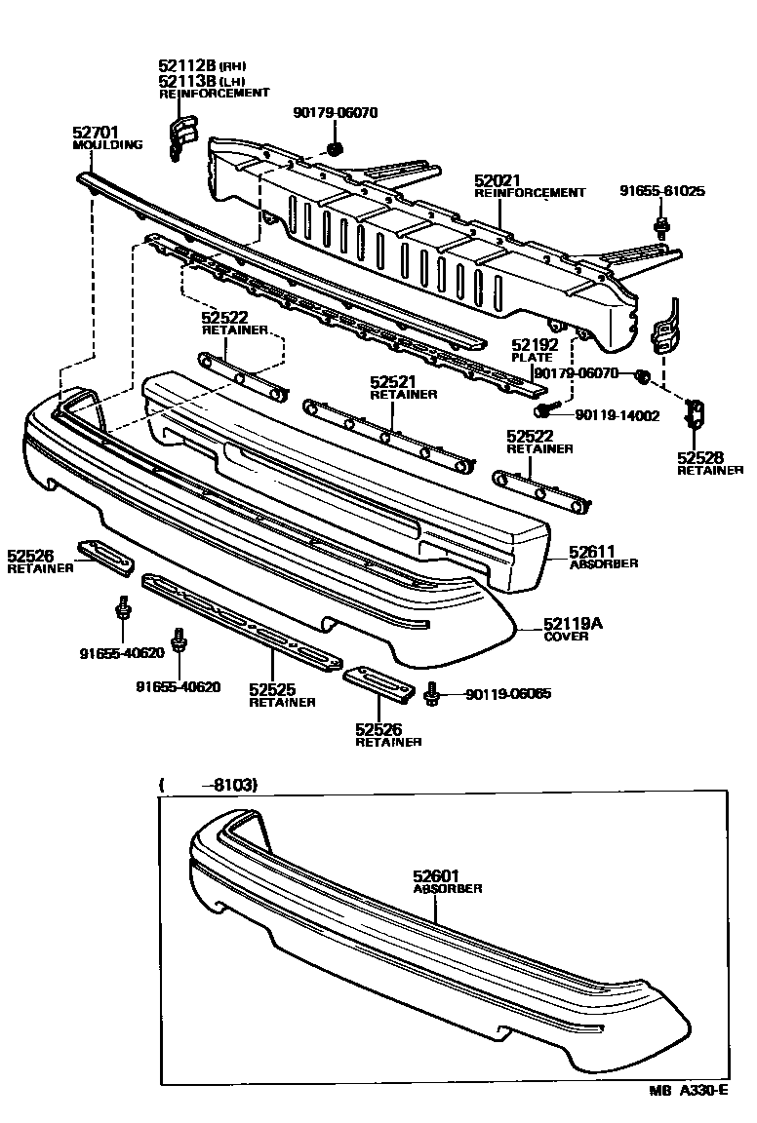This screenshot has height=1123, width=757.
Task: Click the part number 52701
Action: point(96,131)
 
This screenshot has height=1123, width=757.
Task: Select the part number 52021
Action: point(498,180)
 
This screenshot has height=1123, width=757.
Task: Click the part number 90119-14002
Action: point(618,415)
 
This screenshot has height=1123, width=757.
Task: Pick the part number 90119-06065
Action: point(507,694)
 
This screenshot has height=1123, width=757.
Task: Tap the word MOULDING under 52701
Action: point(107,144)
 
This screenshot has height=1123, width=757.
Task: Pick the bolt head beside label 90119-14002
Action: point(552,413)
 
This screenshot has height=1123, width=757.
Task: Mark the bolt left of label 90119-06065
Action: point(433,695)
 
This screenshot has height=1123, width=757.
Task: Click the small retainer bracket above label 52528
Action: point(697,413)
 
